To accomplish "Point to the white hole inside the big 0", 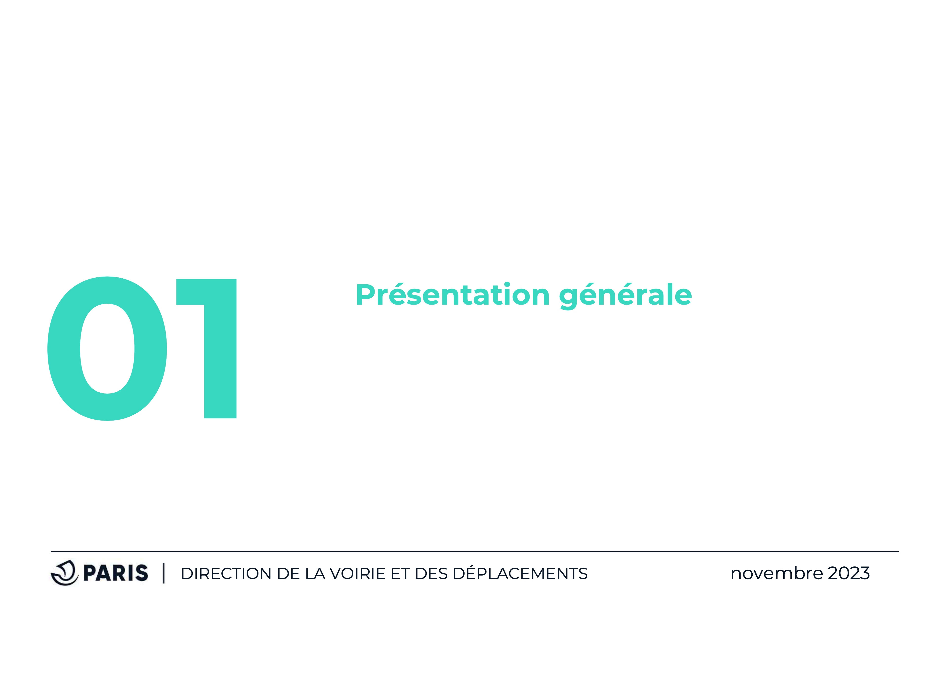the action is click(x=107, y=349).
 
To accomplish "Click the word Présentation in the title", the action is click(x=453, y=295).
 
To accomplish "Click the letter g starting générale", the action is click(x=570, y=299).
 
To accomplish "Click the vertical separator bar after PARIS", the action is click(x=164, y=573).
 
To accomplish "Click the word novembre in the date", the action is click(x=777, y=573).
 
